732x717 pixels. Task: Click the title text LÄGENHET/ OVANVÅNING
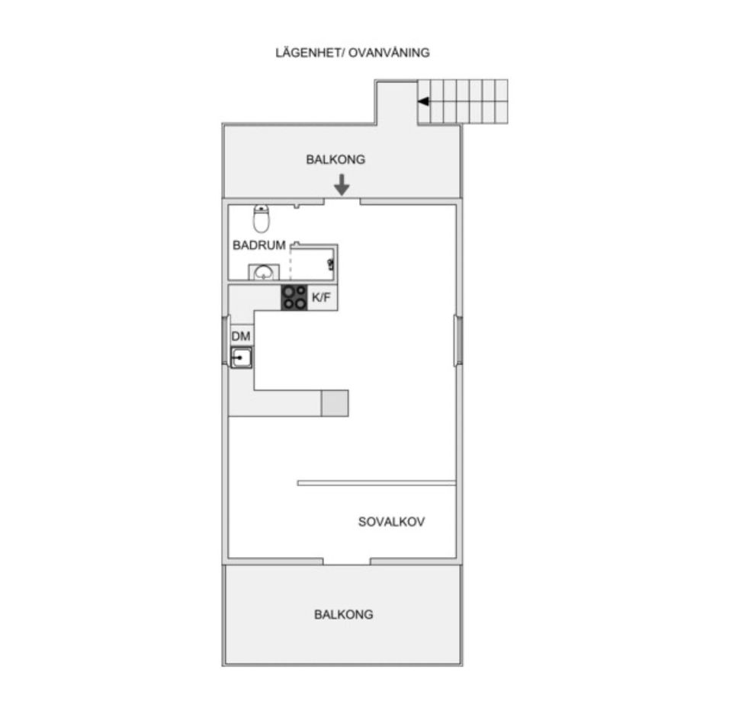[x=352, y=53]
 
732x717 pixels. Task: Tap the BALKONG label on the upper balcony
[x=335, y=159]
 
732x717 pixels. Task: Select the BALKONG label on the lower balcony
[x=344, y=614]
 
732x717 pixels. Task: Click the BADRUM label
[x=259, y=245]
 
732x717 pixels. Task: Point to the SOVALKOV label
[x=392, y=521]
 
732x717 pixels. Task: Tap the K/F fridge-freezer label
[x=321, y=297]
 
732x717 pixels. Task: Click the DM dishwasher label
[x=241, y=336]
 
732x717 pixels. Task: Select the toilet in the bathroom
[x=262, y=219]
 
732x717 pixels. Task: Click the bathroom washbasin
[x=265, y=272]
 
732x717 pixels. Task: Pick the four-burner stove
[x=294, y=298]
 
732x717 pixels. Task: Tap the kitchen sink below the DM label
[x=241, y=358]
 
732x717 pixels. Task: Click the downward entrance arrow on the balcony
[x=342, y=184]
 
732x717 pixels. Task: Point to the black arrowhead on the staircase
[x=423, y=101]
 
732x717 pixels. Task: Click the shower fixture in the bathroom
[x=331, y=264]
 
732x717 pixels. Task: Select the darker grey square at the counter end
[x=335, y=403]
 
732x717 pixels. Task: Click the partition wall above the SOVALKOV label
[x=377, y=483]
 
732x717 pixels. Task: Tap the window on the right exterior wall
[x=458, y=340]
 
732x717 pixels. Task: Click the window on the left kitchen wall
[x=226, y=340]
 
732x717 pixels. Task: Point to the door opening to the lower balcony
[x=346, y=562]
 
